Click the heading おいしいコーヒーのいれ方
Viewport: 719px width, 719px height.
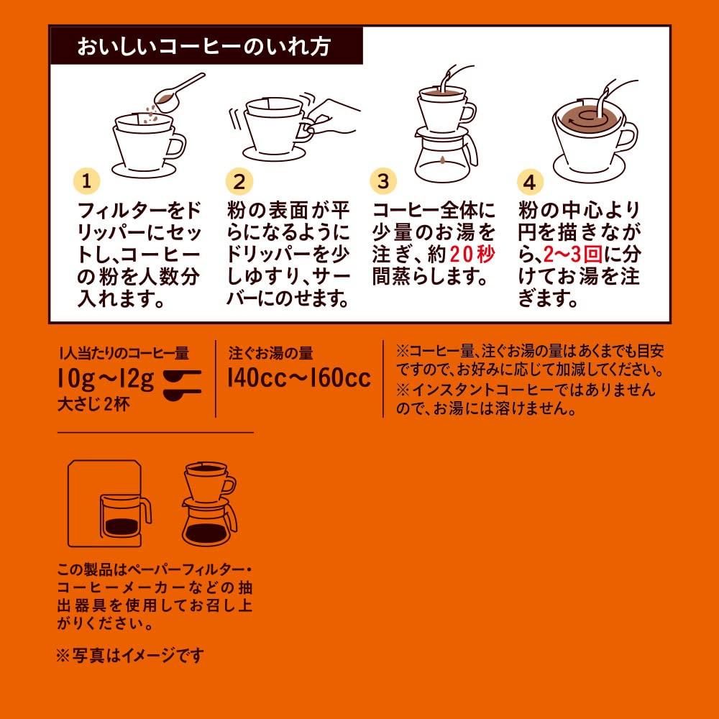click(203, 47)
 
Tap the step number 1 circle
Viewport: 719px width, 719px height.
click(86, 181)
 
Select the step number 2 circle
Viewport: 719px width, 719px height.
click(239, 182)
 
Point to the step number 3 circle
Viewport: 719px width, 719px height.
click(383, 180)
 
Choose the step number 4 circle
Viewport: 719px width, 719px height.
click(530, 182)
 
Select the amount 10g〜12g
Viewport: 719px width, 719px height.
click(106, 379)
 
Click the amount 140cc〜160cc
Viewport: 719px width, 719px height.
click(299, 378)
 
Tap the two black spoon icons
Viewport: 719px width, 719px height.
click(183, 385)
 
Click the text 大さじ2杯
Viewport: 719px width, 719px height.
click(93, 404)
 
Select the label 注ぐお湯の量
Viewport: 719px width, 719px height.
click(270, 353)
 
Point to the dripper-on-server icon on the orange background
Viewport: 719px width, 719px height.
click(209, 504)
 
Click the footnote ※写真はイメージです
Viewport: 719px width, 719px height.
click(130, 655)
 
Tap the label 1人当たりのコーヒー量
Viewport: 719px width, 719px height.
click(124, 353)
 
